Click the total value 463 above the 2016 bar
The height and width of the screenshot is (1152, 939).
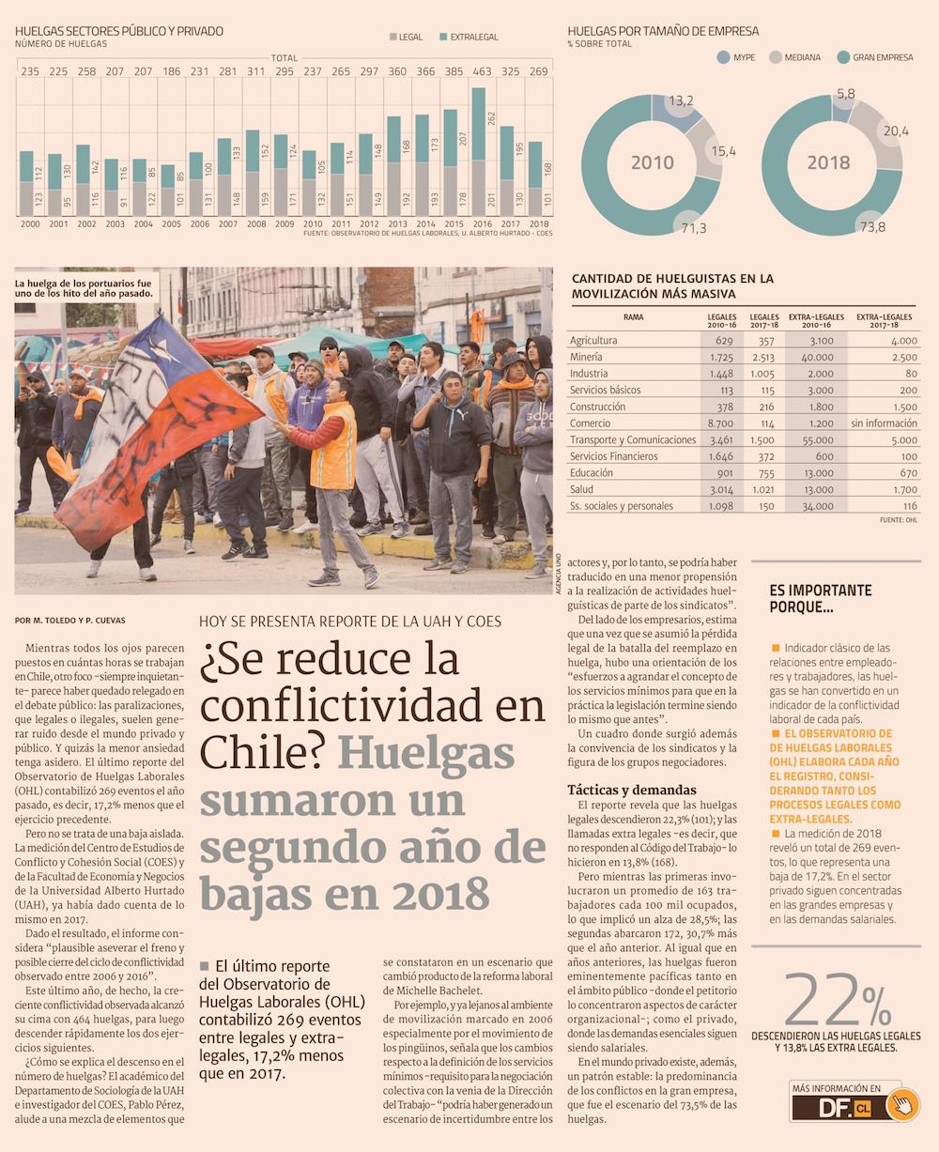(482, 70)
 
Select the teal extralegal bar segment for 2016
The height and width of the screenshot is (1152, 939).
(478, 124)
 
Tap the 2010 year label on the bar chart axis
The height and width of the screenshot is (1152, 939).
(312, 224)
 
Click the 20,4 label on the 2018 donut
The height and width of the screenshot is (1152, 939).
(895, 131)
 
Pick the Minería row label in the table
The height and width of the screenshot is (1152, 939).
(586, 357)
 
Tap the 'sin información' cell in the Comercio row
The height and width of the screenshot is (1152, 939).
(883, 423)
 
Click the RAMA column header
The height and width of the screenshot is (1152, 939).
(634, 317)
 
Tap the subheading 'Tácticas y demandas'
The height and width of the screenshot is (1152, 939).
(632, 790)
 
